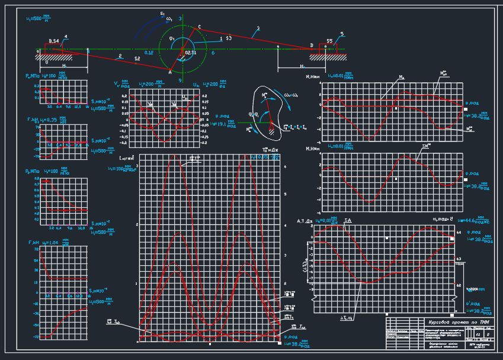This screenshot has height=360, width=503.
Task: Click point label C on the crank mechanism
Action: [199, 27]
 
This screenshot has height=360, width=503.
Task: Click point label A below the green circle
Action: [170, 72]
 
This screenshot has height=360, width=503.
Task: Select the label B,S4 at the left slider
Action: [53, 41]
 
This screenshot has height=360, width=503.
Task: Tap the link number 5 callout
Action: [342, 34]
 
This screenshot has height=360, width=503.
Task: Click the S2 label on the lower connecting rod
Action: [137, 59]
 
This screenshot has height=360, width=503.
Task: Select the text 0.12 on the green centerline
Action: [149, 53]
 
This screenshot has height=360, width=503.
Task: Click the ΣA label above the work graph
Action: [347, 221]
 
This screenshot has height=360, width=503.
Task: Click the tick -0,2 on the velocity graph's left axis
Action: [124, 143]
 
